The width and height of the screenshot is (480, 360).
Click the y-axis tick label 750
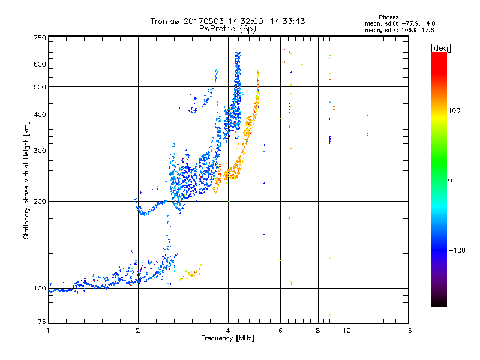(40, 37)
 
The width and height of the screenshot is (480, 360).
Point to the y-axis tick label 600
(40, 64)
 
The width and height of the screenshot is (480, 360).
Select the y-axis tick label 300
(40, 151)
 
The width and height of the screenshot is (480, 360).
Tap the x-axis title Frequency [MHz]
(227, 339)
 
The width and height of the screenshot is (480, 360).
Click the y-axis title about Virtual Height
(26, 180)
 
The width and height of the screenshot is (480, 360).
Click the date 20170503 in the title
(206, 21)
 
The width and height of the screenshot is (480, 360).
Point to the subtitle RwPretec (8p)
(227, 28)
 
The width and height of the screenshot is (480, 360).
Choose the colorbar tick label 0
(454, 180)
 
